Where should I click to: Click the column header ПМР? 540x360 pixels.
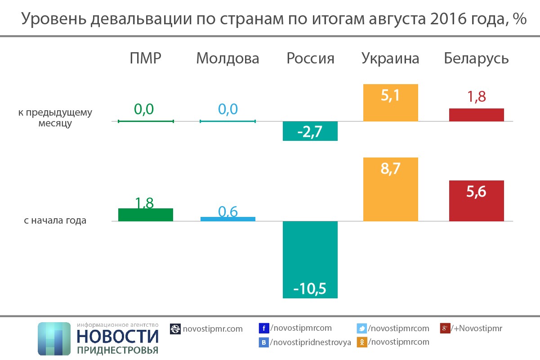coord(145,58)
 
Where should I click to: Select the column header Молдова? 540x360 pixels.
coord(228,58)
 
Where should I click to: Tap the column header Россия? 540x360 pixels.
coord(310,58)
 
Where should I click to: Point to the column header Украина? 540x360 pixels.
coord(390,58)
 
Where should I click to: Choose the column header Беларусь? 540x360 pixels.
coord(476,58)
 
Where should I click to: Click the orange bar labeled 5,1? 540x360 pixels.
coord(391,103)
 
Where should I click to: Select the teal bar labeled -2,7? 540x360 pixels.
coord(310,131)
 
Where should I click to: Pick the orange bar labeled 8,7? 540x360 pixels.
coord(391,189)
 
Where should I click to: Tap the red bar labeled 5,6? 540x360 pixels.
coord(477,201)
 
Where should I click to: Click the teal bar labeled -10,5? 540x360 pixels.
coord(310,259)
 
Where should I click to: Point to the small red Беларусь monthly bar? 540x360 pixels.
coord(477,115)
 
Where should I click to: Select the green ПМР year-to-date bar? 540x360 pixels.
coord(146,215)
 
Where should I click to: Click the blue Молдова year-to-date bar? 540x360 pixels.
coord(228,219)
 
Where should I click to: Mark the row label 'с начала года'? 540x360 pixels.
coord(55,221)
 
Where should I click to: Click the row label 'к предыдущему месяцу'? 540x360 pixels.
coord(55,118)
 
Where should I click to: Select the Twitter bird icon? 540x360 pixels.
coord(361,328)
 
